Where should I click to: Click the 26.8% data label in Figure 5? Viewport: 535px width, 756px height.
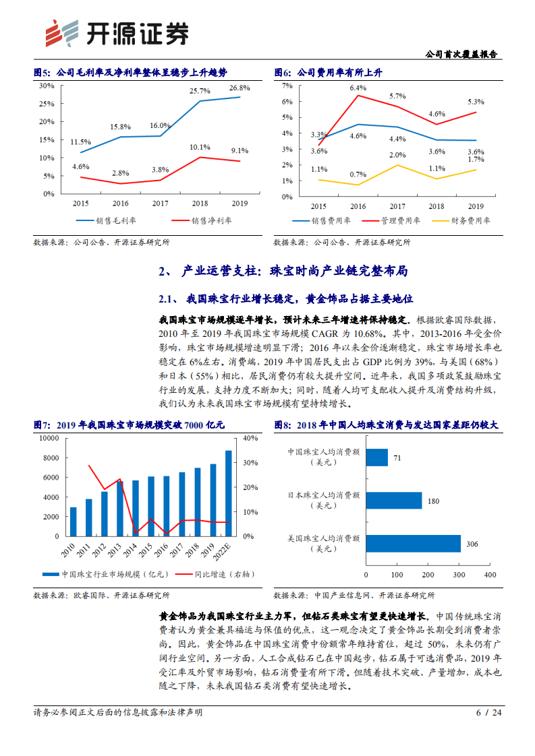239,88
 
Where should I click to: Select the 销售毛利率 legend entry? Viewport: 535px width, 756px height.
104,220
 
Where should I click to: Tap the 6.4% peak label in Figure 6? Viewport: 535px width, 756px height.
358,88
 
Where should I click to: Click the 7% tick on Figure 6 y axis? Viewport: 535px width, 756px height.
287,86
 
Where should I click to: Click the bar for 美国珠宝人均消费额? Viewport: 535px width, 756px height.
413,544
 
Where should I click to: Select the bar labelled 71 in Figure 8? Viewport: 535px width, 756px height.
376,458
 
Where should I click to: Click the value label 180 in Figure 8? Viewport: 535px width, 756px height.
434,501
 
